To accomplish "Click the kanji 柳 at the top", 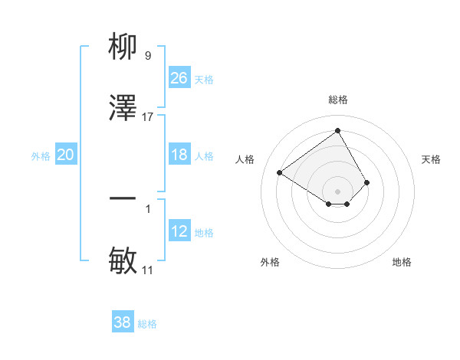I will pos(123,47).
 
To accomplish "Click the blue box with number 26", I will pos(179,78).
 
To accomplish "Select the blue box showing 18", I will pos(179,155).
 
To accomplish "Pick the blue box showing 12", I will pos(179,231).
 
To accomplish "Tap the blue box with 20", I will pos(65,155).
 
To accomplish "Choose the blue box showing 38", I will pos(122,322).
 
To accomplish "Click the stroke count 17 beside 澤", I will pos(148,117).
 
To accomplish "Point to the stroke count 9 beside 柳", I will pos(148,56).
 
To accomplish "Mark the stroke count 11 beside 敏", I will pos(148,270).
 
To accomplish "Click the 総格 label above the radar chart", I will pos(338,100).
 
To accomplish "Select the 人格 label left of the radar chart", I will pos(245,159).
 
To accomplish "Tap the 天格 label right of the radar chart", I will pos(432,159).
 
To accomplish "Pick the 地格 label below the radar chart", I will pos(402,262).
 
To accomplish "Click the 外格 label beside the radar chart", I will pos(270,262).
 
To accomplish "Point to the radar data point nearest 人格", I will pos(280,172).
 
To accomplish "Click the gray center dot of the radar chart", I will pos(338,191).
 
